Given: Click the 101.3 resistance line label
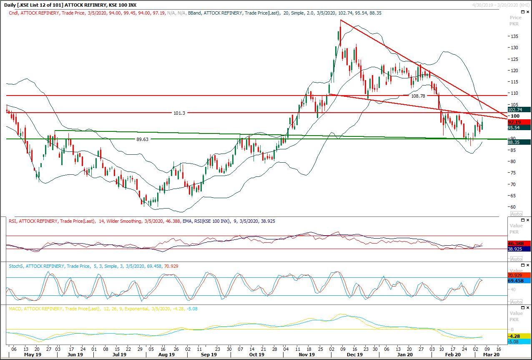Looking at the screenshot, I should coord(179,113).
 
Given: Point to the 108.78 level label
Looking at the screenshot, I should coord(418,96).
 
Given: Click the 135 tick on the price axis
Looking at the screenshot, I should coord(515,36).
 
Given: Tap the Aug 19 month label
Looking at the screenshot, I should coord(166,355).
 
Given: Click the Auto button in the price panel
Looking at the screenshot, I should coord(516,214).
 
